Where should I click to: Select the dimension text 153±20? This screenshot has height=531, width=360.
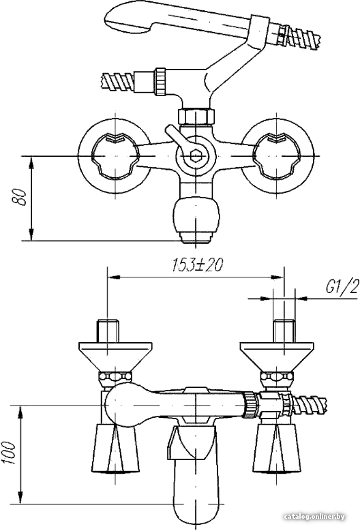pos(197,265)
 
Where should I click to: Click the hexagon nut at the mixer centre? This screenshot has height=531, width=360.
pos(196,156)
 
